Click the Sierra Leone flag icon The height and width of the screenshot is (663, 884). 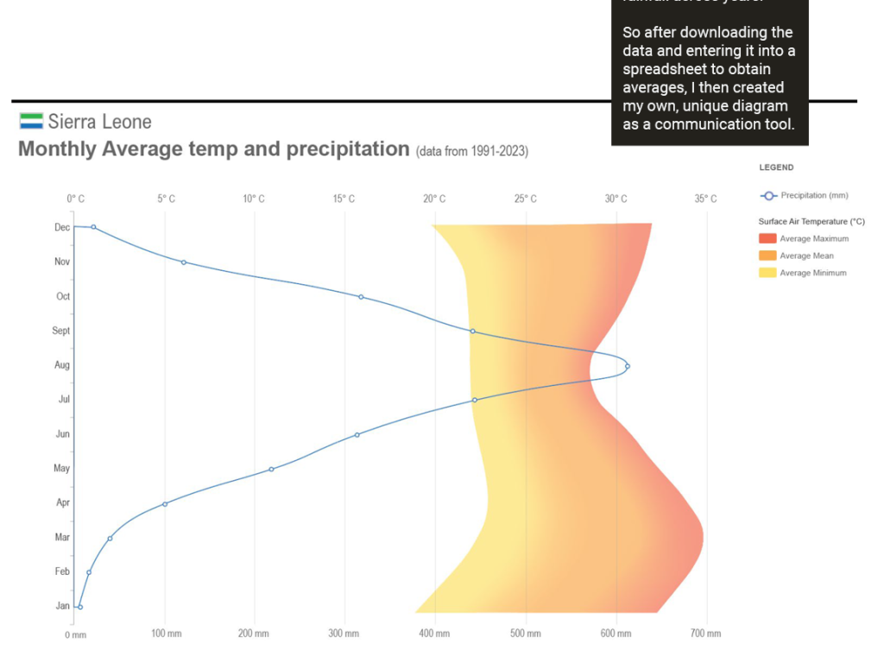pyautogui.click(x=31, y=121)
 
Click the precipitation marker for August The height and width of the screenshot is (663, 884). pyautogui.click(x=628, y=366)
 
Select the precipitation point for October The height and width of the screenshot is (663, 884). pyautogui.click(x=361, y=297)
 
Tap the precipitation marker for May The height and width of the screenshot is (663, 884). pyautogui.click(x=271, y=470)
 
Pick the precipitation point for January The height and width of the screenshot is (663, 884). pyautogui.click(x=80, y=607)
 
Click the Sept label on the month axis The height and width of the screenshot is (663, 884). pyautogui.click(x=60, y=331)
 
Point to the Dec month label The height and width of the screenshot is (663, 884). pyautogui.click(x=62, y=227)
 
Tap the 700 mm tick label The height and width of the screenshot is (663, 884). pyautogui.click(x=706, y=634)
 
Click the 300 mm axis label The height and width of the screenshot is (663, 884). pyautogui.click(x=344, y=634)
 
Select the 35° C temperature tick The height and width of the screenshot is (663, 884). pyautogui.click(x=705, y=199)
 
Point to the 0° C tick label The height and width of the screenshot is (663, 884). pyautogui.click(x=76, y=199)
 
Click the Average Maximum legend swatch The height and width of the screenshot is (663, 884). pyautogui.click(x=767, y=238)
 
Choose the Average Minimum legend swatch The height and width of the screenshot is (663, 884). pyautogui.click(x=767, y=273)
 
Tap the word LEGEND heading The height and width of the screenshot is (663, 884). pyautogui.click(x=776, y=167)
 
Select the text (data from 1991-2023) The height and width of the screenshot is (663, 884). pyautogui.click(x=471, y=152)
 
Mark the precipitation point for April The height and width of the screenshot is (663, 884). pyautogui.click(x=165, y=504)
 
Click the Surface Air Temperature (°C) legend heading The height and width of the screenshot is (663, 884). pyautogui.click(x=811, y=222)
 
